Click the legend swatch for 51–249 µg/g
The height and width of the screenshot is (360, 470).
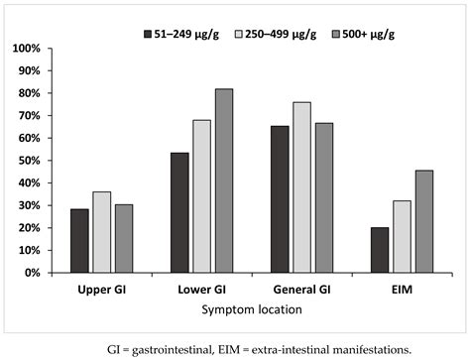coord(147,34)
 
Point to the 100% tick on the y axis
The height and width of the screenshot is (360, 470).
coord(25,49)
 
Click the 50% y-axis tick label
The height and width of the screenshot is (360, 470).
coord(27,161)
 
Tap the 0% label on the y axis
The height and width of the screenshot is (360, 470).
coord(30,273)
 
